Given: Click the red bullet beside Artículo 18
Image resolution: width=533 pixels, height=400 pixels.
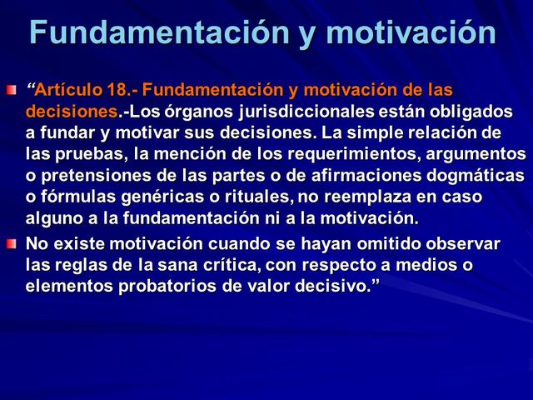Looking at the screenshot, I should (x=10, y=89).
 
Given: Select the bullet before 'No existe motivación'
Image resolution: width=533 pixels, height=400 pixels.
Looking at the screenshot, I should (x=10, y=243).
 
